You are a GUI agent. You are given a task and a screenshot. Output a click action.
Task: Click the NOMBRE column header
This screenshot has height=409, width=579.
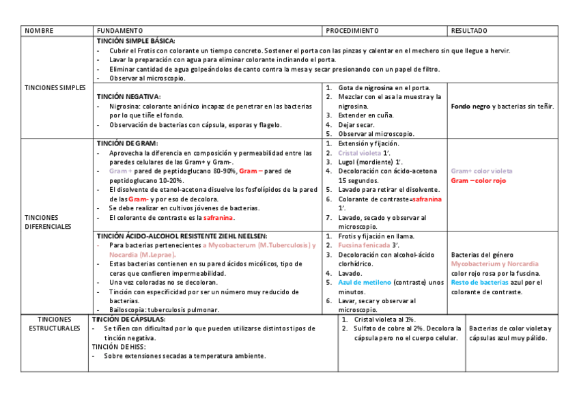point(38,31)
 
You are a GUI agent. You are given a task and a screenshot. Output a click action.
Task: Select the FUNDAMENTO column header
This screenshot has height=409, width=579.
point(119,31)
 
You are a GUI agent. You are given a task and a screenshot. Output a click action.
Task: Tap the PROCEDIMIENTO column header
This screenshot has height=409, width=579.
point(352,31)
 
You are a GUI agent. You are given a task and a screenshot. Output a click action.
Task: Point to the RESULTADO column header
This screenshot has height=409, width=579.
point(469,31)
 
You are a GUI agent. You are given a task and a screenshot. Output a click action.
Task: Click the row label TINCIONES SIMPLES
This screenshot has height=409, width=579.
point(55,87)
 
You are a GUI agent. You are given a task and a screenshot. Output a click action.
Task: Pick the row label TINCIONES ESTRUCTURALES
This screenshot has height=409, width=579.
point(55,324)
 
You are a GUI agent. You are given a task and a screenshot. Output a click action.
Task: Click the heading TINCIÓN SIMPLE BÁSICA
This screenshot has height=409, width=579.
point(136,41)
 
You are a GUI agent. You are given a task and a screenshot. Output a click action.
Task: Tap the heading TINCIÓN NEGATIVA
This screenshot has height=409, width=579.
point(129,97)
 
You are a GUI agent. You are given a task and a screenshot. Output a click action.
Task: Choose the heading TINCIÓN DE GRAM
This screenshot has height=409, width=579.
point(127,143)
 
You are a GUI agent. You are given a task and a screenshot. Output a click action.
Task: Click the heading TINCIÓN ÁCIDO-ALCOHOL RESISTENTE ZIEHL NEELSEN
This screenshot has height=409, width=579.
point(182,236)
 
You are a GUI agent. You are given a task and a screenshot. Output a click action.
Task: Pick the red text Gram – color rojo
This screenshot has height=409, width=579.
point(478,180)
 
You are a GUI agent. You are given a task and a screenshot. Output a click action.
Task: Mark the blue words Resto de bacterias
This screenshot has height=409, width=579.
point(479,282)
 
